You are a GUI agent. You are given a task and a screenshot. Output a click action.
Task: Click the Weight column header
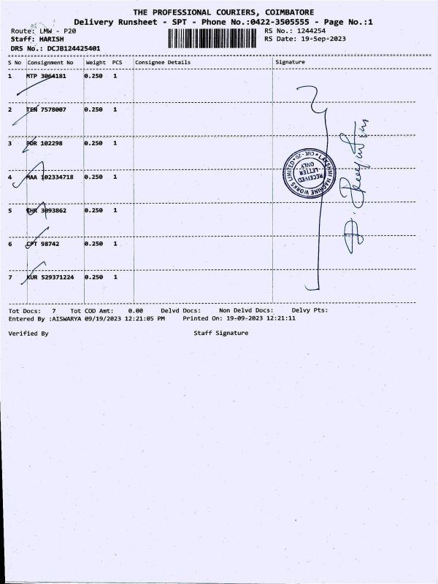96,63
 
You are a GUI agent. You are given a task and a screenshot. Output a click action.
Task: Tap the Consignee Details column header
163,63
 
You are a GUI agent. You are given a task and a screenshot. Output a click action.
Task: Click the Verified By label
28,333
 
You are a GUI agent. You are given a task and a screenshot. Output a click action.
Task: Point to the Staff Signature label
220,333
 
